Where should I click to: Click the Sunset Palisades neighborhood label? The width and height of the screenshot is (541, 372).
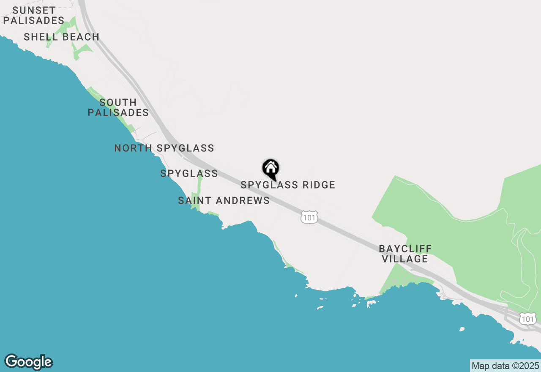tap(34, 15)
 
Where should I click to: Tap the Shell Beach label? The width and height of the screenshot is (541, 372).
tap(62, 37)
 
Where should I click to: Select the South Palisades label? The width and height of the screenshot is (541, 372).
tap(118, 107)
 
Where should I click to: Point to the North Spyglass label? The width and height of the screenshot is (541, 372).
tap(164, 148)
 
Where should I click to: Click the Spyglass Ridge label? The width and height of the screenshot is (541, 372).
tap(288, 185)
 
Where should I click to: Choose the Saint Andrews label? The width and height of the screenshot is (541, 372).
tap(224, 200)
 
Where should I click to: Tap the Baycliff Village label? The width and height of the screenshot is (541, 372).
tap(405, 253)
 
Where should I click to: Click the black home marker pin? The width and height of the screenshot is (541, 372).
tap(271, 169)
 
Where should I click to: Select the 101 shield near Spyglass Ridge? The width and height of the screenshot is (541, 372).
tap(309, 217)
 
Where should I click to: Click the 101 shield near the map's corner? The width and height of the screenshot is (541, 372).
tap(528, 318)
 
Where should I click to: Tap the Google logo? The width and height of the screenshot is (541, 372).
tap(29, 362)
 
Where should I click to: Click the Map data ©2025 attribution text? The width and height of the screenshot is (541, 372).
tap(505, 366)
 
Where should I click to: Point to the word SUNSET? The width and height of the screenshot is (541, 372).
tap(34, 10)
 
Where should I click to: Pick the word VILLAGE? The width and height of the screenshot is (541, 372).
tap(405, 259)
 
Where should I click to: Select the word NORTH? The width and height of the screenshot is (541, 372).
tap(134, 148)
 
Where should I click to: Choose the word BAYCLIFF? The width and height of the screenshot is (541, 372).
tap(405, 248)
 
